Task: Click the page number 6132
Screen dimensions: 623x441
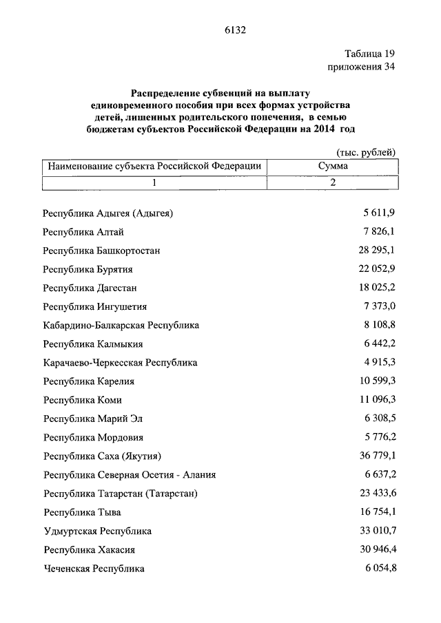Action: pyautogui.click(x=235, y=30)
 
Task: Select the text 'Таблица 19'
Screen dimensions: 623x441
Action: pyautogui.click(x=370, y=54)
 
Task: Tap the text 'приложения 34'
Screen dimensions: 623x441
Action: pyautogui.click(x=363, y=67)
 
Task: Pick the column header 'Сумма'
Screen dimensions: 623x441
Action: pyautogui.click(x=333, y=167)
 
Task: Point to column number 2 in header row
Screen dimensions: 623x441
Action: pyautogui.click(x=333, y=182)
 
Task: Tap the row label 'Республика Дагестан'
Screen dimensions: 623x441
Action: pyautogui.click(x=90, y=288)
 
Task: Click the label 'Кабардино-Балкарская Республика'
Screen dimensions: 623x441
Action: pyautogui.click(x=121, y=325)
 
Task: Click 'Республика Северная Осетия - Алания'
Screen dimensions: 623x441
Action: pyautogui.click(x=129, y=475)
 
